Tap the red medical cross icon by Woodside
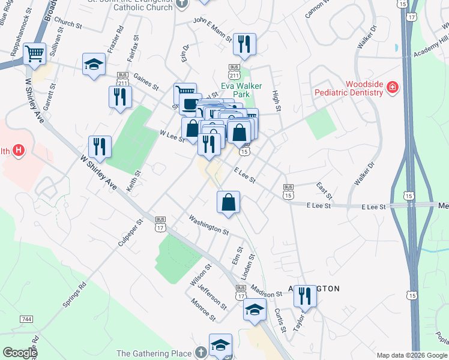pos(393,88)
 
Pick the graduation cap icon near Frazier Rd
pos(93,66)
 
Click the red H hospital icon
pos(19,150)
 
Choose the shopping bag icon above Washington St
pos(228,202)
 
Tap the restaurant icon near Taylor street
pos(305,296)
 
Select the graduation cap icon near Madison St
pos(255,310)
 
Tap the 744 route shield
pos(26,318)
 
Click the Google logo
pos(19,353)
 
